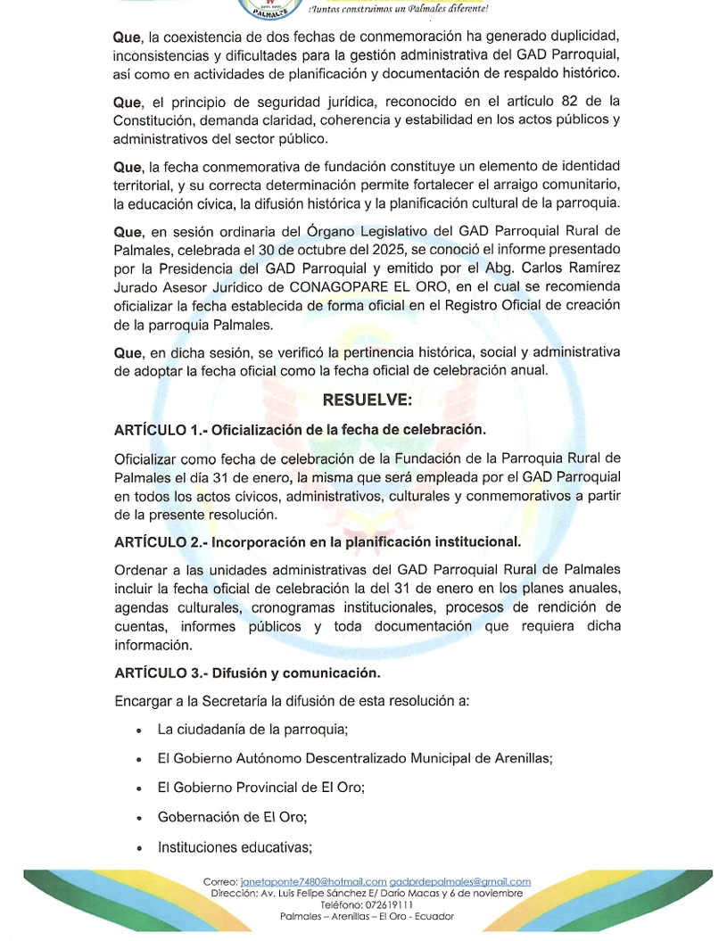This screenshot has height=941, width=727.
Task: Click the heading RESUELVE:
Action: [x=368, y=400]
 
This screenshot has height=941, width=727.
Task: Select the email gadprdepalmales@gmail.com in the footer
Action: [x=460, y=882]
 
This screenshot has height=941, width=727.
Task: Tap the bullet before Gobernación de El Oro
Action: [x=139, y=818]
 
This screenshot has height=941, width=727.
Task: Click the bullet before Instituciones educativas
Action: [x=139, y=848]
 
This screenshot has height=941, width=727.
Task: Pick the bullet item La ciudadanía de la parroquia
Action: [x=252, y=730]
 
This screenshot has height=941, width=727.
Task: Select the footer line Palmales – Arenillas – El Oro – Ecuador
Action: [x=367, y=916]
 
